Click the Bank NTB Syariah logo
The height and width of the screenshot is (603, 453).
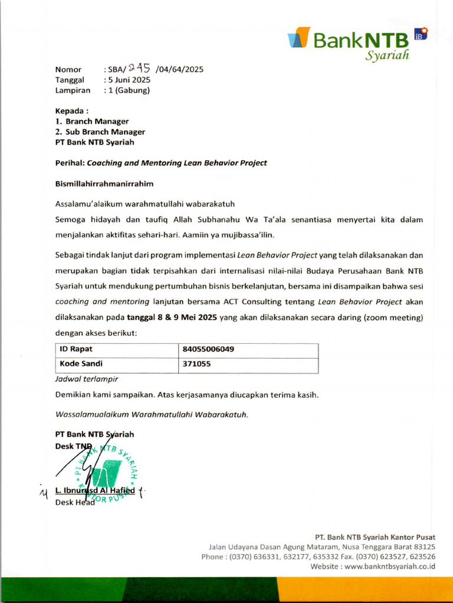tap(357, 42)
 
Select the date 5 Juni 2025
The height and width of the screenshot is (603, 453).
tap(129, 80)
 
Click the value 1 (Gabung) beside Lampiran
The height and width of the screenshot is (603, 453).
tap(128, 90)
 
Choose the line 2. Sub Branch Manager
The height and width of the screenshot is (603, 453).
tap(100, 132)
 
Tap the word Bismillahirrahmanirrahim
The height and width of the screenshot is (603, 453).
tap(104, 184)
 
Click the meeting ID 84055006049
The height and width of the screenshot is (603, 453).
tap(208, 349)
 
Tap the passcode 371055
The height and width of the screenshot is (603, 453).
tap(196, 364)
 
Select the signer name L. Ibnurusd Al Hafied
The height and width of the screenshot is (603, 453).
tap(95, 491)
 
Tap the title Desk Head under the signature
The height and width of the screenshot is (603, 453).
tap(75, 502)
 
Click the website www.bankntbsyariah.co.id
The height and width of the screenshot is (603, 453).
tap(390, 566)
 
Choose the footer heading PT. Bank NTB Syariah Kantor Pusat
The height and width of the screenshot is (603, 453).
tap(375, 537)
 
